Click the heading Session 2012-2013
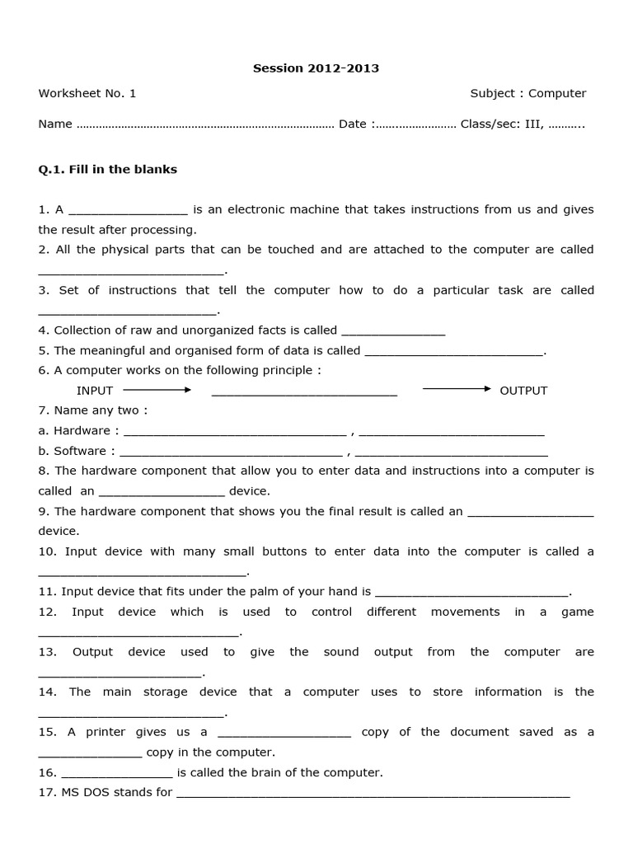[316, 68]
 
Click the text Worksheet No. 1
[87, 93]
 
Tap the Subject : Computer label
[528, 93]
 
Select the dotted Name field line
[204, 124]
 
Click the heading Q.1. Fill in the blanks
[108, 170]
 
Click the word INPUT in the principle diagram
[95, 391]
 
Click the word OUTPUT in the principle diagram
[523, 391]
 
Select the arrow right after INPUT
[157, 389]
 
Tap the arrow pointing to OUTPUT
[457, 388]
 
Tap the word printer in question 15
[105, 732]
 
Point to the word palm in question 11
[272, 591]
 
